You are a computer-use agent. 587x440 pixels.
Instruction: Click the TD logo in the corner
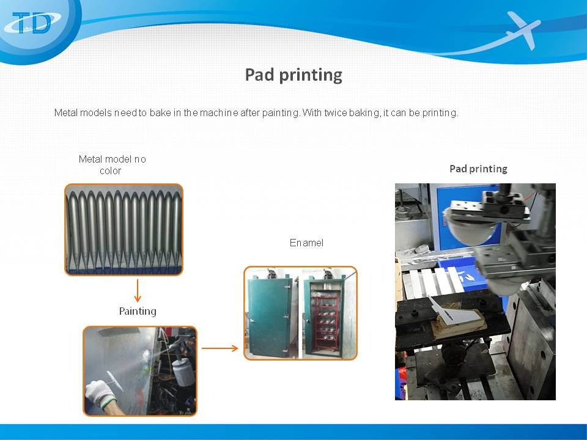34,23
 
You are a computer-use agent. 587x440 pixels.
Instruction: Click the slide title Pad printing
293,75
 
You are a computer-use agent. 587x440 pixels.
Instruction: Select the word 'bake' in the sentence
160,112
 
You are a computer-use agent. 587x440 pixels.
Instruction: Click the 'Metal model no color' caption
112,165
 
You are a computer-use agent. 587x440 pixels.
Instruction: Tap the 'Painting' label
138,311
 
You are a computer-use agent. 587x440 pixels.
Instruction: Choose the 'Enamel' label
306,243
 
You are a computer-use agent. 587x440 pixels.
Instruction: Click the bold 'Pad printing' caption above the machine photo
478,169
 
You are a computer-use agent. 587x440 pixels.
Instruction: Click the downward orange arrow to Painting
138,290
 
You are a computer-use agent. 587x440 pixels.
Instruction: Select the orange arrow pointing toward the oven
220,348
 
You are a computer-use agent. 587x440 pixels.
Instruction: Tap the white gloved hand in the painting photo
100,394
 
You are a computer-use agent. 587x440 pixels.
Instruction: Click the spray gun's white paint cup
183,372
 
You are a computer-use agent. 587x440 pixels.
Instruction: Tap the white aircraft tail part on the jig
455,311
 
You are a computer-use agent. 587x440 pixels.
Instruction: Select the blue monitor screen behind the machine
464,217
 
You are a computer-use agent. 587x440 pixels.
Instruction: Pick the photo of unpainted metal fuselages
124,230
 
